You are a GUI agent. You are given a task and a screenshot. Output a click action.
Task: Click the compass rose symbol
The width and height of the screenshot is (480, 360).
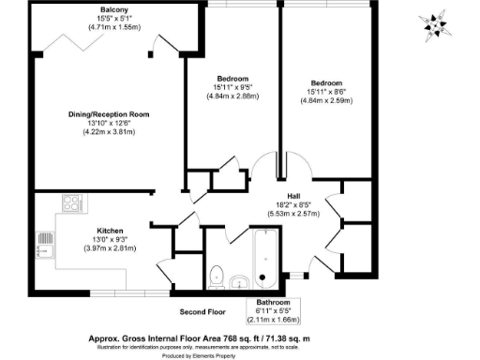pos(435,24)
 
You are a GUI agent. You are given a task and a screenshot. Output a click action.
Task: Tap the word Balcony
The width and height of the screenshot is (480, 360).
pos(114,10)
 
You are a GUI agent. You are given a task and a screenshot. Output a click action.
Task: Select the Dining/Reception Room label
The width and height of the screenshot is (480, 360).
pos(109,114)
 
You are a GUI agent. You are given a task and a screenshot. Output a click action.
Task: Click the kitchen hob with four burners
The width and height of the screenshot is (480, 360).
pos(72,202)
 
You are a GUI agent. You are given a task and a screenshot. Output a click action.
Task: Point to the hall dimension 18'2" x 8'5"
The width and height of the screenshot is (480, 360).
pos(295,204)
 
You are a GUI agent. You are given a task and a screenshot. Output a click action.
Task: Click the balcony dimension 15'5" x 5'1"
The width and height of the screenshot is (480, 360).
pos(114,19)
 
